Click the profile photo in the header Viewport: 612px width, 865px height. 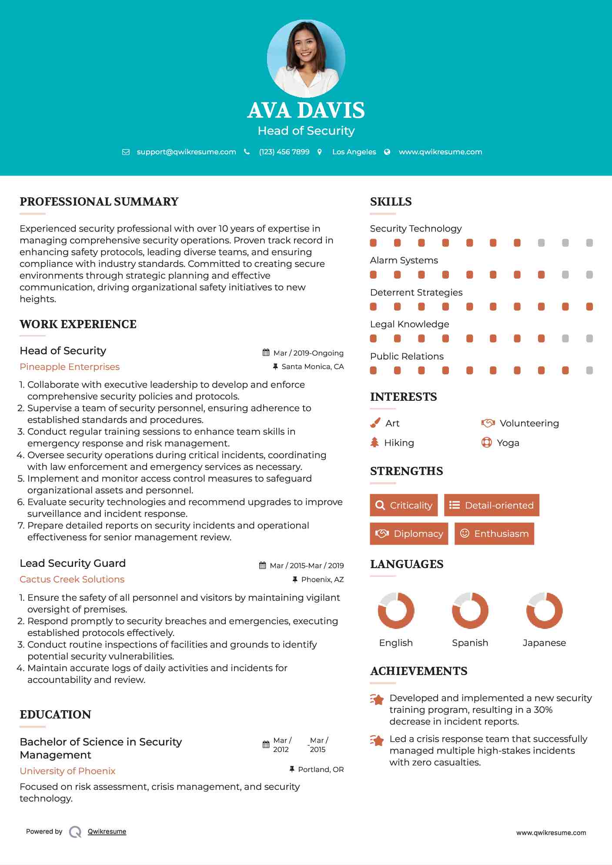tap(306, 58)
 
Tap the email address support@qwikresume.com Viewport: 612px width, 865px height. tap(186, 152)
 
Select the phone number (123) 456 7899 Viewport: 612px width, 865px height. tap(284, 152)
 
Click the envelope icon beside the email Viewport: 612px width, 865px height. tap(126, 152)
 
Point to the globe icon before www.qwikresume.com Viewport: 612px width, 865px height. tap(387, 152)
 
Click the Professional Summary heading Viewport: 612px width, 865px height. tap(99, 202)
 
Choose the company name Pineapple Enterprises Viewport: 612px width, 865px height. tap(70, 367)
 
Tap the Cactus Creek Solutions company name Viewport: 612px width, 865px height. tap(72, 579)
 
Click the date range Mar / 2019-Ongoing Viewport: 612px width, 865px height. tap(308, 353)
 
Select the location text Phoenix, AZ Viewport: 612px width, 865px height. tap(322, 579)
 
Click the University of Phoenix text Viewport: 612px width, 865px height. tap(67, 771)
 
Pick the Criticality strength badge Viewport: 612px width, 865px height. tap(404, 505)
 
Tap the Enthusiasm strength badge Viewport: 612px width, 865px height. tap(494, 533)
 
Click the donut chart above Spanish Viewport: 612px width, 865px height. tap(470, 610)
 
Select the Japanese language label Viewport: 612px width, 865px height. tap(544, 643)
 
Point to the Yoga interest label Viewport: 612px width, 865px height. tap(508, 443)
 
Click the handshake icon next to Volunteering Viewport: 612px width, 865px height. tap(488, 423)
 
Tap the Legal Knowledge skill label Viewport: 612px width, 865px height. tap(409, 324)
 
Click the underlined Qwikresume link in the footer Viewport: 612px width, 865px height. tap(107, 832)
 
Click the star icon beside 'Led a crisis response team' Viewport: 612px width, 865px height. tap(377, 740)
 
